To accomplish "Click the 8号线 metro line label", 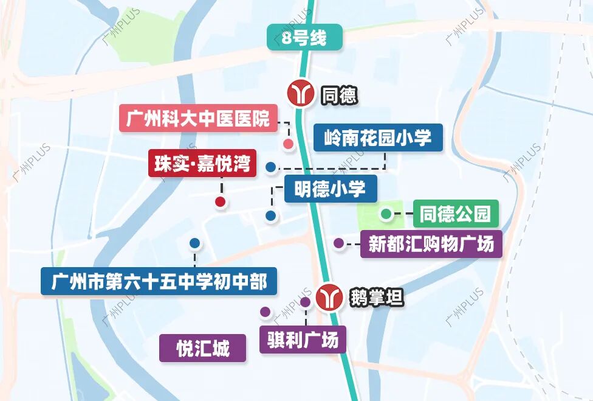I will pos(304,37).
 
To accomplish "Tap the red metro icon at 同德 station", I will pos(301,94).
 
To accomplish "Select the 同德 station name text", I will pos(339,95).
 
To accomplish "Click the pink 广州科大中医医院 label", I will pos(198,119).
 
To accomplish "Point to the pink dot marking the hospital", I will pos(289,144).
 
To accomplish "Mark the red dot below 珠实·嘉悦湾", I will pos(220,201).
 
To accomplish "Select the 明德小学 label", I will pos(331,189).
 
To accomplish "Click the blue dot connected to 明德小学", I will pos(270,215).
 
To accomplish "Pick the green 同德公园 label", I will pos(455,214).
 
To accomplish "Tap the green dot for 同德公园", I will pos(386,214).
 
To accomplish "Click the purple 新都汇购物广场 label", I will pos(431,244).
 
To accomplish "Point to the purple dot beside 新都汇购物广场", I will pos(338,243).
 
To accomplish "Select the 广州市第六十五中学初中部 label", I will pos(159,282).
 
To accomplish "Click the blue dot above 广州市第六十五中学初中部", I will pos(194,243).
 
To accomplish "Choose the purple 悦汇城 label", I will pos(203,349).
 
